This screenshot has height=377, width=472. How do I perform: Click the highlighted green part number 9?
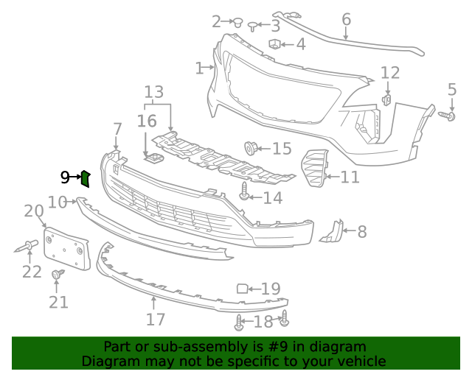coord(85,177)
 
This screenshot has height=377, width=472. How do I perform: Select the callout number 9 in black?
coord(66,177)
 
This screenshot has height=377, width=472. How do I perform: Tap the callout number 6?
coord(346,20)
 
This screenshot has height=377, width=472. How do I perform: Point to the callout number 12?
coord(390,73)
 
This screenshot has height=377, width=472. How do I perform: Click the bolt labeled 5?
coord(447,115)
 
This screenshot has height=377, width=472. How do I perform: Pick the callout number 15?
coord(282,149)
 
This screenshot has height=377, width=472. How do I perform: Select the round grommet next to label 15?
coord(251,148)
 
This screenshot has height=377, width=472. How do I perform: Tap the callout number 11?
coord(350,177)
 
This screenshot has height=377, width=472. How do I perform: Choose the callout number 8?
coord(361,232)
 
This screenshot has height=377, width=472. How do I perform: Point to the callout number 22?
coord(32,272)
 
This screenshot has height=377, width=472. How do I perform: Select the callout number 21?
coord(58,301)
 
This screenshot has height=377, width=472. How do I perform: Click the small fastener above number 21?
coord(56,275)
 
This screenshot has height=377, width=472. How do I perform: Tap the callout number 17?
coord(155,320)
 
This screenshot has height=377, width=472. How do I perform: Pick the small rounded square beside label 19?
coord(242,289)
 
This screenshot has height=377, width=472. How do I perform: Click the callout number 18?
coord(263,321)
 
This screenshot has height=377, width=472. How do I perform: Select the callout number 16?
coord(147,121)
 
